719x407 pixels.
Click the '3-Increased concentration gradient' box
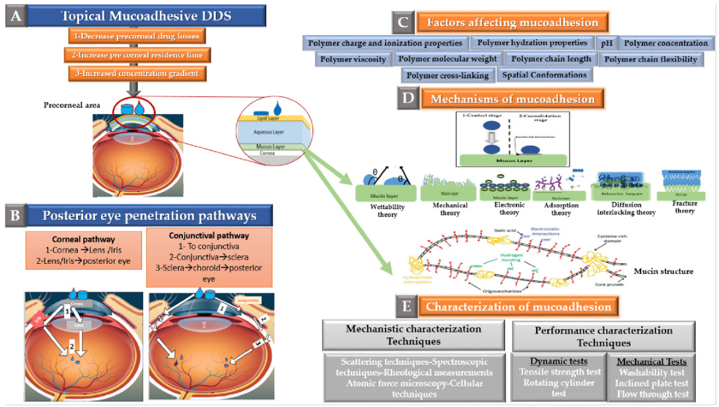tap(133, 73)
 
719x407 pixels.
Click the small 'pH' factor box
tap(606, 44)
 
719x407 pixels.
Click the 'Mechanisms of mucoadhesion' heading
tap(512, 100)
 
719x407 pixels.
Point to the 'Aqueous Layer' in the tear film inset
tap(267, 132)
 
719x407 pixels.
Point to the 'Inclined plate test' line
tap(651, 383)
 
